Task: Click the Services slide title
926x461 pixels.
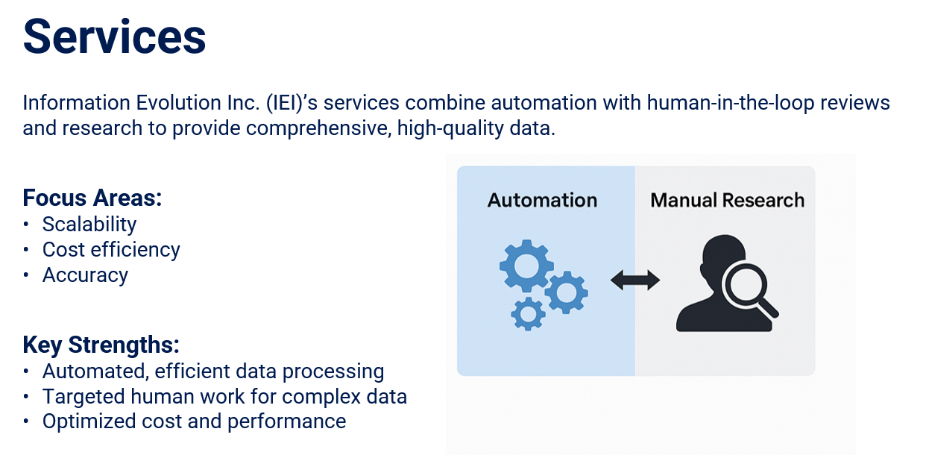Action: [x=114, y=37]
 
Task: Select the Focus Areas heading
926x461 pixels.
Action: [x=92, y=198]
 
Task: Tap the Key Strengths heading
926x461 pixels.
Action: [x=101, y=345]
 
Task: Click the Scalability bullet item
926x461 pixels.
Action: [x=89, y=224]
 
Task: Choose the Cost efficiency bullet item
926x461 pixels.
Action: [x=111, y=249]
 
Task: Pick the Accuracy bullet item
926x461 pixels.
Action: [x=85, y=275]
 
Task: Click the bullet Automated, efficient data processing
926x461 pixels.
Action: [x=213, y=371]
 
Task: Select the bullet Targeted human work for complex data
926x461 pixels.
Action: [x=224, y=396]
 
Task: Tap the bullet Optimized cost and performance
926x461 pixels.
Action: [x=194, y=421]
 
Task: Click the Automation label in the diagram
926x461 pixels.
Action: [x=542, y=200]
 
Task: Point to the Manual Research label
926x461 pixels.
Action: [x=727, y=200]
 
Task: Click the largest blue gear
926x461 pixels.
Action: [x=526, y=266]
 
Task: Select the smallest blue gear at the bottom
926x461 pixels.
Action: [x=529, y=313]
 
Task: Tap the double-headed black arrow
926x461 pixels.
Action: [x=634, y=280]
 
